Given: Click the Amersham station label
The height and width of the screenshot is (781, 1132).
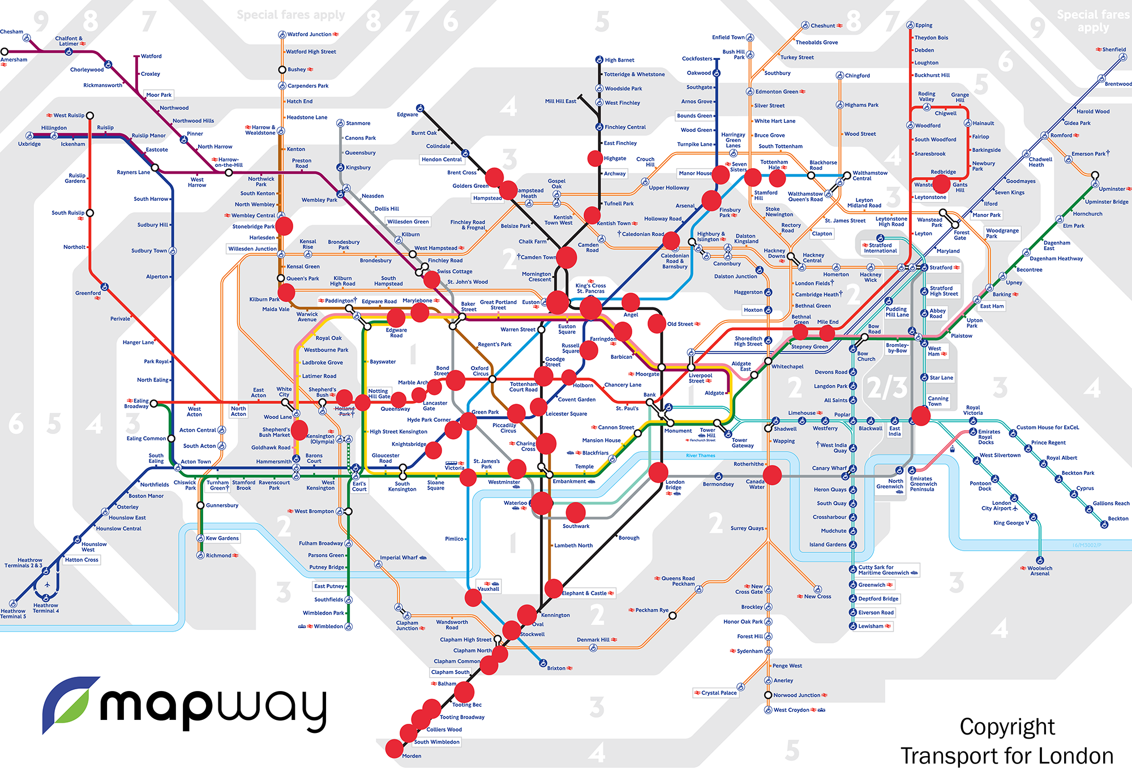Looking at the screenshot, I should (14, 59).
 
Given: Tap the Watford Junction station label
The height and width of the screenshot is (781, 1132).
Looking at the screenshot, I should (309, 35).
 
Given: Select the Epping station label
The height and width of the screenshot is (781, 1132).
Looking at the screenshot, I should (924, 25).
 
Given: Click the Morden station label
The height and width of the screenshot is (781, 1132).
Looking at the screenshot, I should (411, 756).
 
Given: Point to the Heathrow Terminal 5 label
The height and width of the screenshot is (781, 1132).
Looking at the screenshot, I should (13, 613).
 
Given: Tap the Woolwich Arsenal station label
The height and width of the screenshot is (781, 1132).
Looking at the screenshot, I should (1039, 571).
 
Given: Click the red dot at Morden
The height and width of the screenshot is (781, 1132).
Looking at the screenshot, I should (395, 748).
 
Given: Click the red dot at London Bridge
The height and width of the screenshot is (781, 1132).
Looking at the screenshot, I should (658, 472).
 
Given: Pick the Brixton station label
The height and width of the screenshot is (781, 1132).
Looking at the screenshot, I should (556, 668).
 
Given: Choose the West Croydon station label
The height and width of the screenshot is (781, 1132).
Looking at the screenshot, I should (791, 710).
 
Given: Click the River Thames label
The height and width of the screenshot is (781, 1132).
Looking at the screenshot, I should (700, 456).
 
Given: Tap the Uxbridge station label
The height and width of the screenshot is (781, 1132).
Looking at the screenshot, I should (29, 144).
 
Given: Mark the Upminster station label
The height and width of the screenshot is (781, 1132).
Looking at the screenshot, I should (1112, 189).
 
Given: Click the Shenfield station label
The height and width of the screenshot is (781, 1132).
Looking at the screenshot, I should (1114, 50).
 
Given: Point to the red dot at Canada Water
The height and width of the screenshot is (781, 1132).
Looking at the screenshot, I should (773, 475).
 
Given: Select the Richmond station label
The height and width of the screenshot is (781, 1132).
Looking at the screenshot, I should (218, 556).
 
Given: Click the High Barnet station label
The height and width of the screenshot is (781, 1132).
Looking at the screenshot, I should (619, 60).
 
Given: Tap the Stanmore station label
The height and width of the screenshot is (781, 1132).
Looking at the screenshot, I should (358, 123).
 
